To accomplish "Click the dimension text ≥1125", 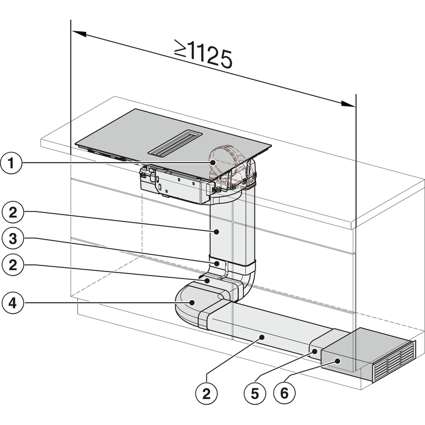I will tap(204, 55).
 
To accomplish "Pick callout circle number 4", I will tap(11, 304).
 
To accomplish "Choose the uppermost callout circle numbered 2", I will tap(11, 212).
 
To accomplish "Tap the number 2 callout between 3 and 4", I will tap(11, 264).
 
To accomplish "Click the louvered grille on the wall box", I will tap(393, 360).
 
